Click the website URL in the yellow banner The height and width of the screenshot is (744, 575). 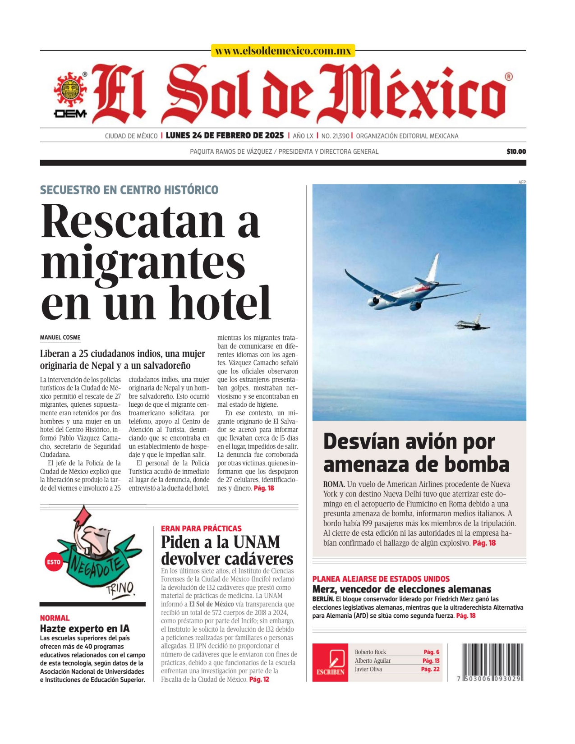(x=283, y=51)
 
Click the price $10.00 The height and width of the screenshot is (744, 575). (x=516, y=152)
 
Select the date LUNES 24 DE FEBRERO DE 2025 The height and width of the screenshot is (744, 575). (x=225, y=136)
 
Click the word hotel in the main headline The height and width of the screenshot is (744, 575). (x=220, y=303)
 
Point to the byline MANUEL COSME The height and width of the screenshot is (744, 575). (x=60, y=337)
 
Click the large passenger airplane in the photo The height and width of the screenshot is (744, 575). (x=406, y=289)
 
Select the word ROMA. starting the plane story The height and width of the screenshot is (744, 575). (x=334, y=484)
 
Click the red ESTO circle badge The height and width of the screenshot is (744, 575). (x=54, y=562)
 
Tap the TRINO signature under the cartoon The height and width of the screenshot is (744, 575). (x=120, y=588)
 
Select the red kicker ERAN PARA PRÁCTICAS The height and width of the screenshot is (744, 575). (x=201, y=528)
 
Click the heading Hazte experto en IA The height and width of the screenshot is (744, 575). (x=85, y=629)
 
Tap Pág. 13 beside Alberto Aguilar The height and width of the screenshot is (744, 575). (x=431, y=661)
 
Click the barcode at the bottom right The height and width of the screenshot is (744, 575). (x=492, y=661)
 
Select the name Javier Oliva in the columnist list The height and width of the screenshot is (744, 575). (x=368, y=669)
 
